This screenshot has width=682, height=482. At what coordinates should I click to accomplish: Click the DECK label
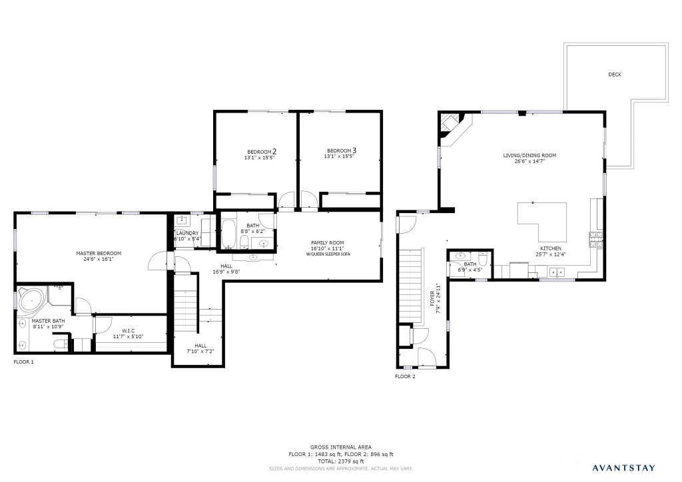coord(615,75)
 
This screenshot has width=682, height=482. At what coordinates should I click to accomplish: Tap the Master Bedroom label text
coord(99,254)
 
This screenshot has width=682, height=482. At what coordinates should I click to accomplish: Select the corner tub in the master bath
coord(31,300)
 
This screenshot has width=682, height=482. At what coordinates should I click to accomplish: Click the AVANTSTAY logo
coord(623,468)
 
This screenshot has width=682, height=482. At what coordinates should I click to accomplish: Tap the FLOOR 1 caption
coord(23,361)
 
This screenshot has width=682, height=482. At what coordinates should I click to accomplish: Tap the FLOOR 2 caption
coord(405,376)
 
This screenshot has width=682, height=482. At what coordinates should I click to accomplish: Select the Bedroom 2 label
coord(262,152)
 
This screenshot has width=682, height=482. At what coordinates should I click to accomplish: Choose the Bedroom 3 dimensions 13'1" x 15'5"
coord(339,156)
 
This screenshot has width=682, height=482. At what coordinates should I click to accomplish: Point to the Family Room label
coord(328,243)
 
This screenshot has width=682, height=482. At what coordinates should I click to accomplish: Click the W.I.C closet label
coord(129,331)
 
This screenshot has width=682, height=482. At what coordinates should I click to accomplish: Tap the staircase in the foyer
coord(411,287)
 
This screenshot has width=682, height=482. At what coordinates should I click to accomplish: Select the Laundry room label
coord(187,234)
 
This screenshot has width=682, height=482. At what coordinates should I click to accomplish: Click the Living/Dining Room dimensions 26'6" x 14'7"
coord(529,161)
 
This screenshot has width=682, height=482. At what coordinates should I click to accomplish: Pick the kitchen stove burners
coord(596,240)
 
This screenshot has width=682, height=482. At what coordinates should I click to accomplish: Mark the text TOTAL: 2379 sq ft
coord(340,461)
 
